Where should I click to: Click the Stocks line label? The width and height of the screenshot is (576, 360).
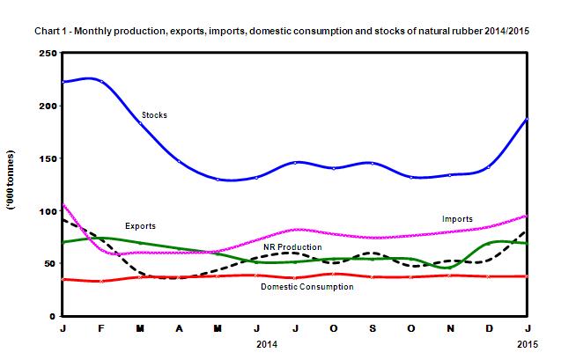pyautogui.click(x=154, y=114)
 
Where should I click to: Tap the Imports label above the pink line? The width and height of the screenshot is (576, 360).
pyautogui.click(x=457, y=218)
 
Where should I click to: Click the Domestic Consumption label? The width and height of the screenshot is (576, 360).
pyautogui.click(x=307, y=286)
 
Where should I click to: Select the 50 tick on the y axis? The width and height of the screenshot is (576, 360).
pyautogui.click(x=48, y=264)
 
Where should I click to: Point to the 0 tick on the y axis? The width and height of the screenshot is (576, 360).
pyautogui.click(x=52, y=316)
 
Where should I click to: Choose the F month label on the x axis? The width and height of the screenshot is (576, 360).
pyautogui.click(x=102, y=328)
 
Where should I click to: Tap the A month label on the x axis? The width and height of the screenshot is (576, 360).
pyautogui.click(x=180, y=328)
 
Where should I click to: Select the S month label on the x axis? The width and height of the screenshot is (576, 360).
pyautogui.click(x=373, y=328)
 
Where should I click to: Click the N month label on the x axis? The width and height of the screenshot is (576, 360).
pyautogui.click(x=450, y=328)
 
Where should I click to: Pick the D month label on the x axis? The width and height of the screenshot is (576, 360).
pyautogui.click(x=489, y=328)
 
